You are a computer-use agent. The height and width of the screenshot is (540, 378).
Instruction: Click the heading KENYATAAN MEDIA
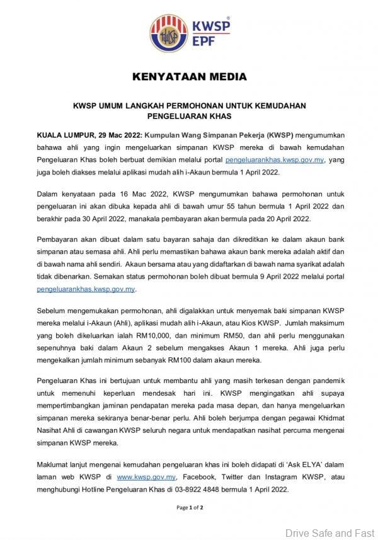click(188, 78)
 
